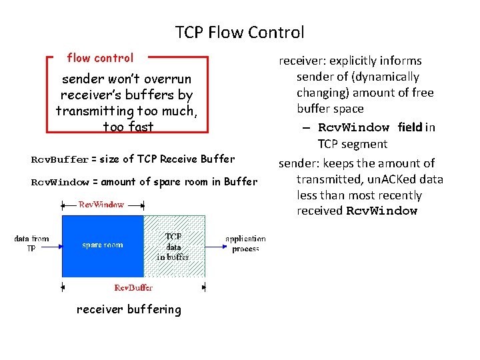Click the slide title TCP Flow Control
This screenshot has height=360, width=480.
pyautogui.click(x=240, y=32)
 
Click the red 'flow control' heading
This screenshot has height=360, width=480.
pyautogui.click(x=100, y=58)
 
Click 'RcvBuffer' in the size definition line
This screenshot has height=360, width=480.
pyautogui.click(x=60, y=159)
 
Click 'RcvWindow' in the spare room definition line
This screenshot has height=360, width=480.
pyautogui.click(x=60, y=182)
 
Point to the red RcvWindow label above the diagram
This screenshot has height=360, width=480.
pyautogui.click(x=101, y=205)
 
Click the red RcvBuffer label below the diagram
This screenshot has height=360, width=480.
pyautogui.click(x=133, y=288)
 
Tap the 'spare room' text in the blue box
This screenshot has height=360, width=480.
pyautogui.click(x=103, y=245)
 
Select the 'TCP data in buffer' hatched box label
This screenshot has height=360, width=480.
pyautogui.click(x=173, y=246)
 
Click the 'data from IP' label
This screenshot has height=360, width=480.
pyautogui.click(x=31, y=243)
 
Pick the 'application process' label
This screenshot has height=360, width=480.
pyautogui.click(x=245, y=244)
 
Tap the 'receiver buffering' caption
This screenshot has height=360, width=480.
pyautogui.click(x=129, y=309)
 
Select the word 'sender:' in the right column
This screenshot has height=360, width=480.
pyautogui.click(x=299, y=163)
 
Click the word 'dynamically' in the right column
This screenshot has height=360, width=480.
pyautogui.click(x=389, y=77)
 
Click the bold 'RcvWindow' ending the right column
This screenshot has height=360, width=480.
pyautogui.click(x=381, y=211)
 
